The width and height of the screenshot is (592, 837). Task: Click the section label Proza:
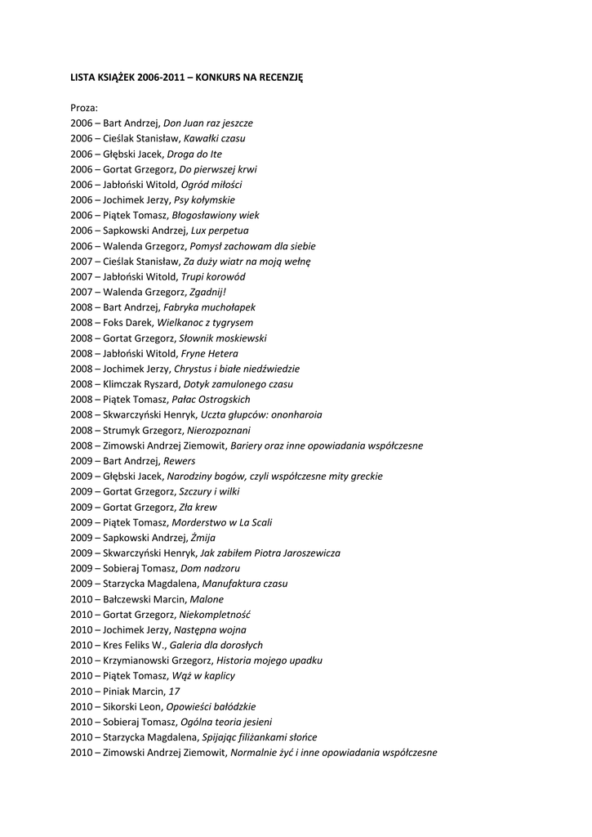[84, 107]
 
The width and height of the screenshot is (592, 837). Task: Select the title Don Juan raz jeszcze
[208, 123]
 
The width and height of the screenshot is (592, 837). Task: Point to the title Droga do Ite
[194, 154]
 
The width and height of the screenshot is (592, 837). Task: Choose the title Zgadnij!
[207, 292]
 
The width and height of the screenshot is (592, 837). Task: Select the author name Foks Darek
[127, 322]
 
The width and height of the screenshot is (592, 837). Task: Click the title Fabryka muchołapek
[210, 307]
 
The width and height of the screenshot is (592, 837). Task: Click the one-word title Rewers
[180, 460]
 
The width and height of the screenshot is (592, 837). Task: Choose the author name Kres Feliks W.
[134, 645]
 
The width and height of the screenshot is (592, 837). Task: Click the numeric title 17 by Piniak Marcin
[174, 691]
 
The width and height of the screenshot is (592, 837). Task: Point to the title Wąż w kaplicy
[203, 675]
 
